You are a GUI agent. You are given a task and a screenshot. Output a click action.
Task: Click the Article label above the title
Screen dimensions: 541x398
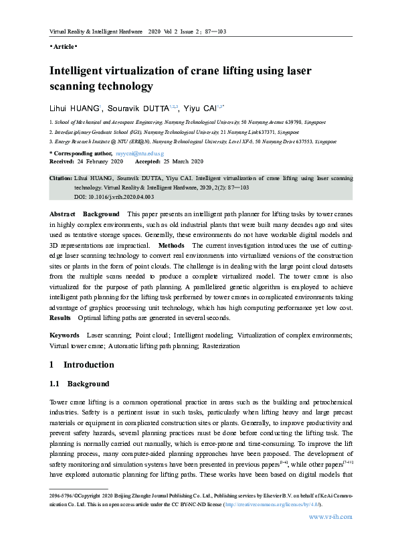click(x=64, y=47)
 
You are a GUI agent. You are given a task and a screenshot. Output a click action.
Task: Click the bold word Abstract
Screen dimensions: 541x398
click(x=63, y=213)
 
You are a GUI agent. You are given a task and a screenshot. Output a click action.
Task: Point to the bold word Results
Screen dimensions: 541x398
click(x=61, y=317)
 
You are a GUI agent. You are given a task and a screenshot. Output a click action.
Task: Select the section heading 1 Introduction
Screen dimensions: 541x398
click(x=82, y=366)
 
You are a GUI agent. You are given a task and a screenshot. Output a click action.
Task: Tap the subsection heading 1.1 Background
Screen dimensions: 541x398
click(x=79, y=384)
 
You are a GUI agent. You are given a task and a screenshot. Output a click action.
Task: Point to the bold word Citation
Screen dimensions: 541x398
click(x=61, y=179)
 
